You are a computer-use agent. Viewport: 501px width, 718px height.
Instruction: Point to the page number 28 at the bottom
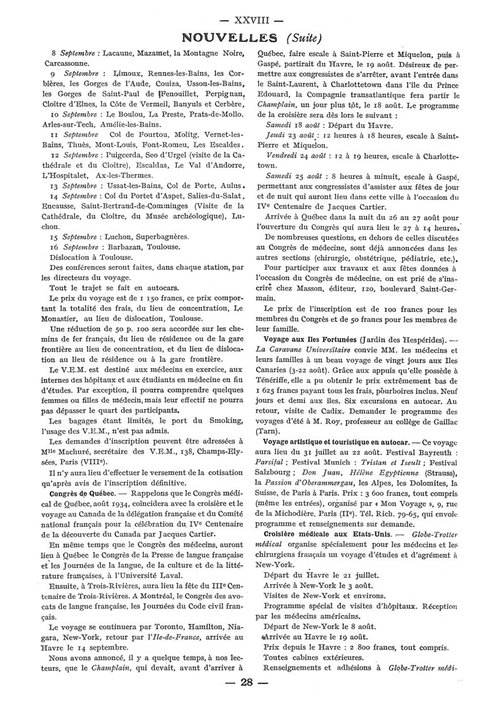coord(250,699)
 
